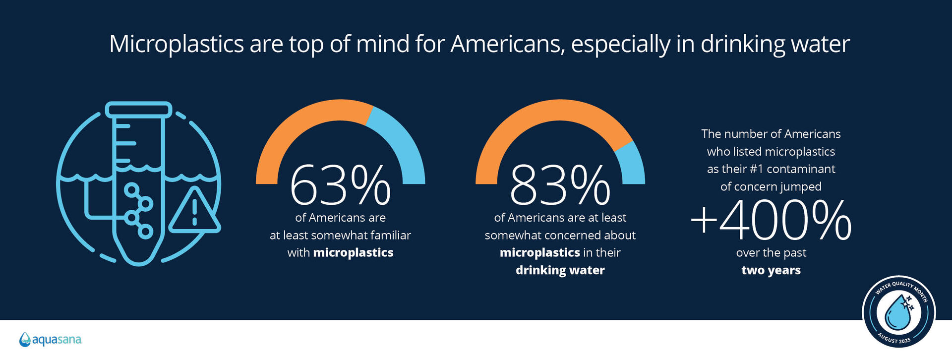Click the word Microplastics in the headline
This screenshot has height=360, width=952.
click(x=177, y=44)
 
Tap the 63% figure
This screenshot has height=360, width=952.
click(x=340, y=185)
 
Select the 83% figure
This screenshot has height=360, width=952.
click(x=560, y=185)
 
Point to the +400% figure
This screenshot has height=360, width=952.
click(x=771, y=220)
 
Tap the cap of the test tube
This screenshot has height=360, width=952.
click(x=139, y=110)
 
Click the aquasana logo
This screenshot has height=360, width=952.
click(x=51, y=340)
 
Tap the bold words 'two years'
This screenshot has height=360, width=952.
click(x=771, y=270)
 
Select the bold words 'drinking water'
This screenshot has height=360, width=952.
click(x=560, y=270)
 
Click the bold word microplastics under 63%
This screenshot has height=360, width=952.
click(x=353, y=253)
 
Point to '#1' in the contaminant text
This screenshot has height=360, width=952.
click(x=756, y=169)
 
